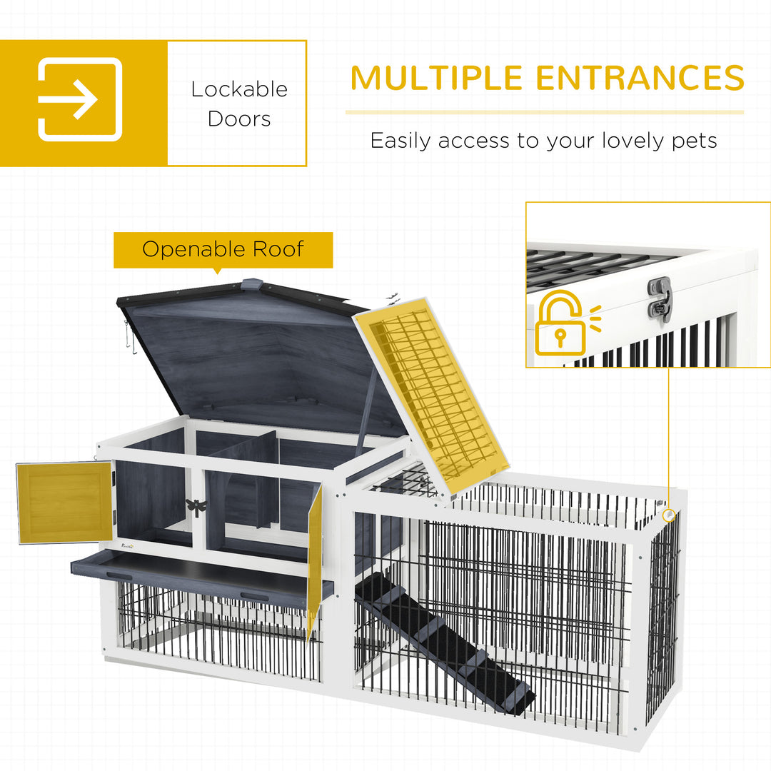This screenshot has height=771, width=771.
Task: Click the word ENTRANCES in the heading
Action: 640,78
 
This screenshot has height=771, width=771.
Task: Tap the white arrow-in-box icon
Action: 80,99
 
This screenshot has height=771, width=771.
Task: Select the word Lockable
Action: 239,89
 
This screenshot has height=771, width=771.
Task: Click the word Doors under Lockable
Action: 239,119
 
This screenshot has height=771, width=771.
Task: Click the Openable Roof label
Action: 223,249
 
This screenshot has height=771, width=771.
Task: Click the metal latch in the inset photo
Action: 660,298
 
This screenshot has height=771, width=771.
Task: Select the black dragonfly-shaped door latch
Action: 196,506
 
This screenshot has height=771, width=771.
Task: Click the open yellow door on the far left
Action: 64,502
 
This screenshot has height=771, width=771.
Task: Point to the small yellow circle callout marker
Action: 668,514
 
